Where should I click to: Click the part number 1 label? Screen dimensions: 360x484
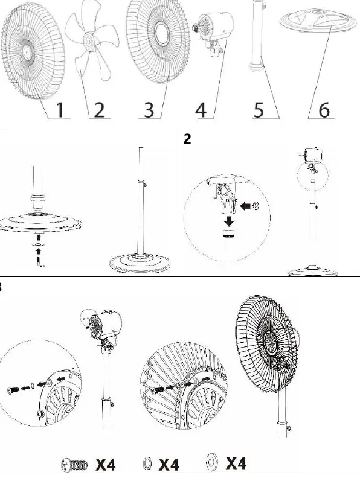click(60, 110)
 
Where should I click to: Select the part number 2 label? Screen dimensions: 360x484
click(99, 110)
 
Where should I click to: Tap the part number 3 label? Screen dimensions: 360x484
click(149, 110)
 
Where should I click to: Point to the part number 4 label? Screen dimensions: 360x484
click(201, 110)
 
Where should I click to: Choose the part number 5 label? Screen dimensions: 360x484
click(259, 110)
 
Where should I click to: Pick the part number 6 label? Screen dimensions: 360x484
click(324, 110)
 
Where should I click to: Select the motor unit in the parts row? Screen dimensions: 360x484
click(213, 33)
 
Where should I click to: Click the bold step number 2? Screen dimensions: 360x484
click(187, 139)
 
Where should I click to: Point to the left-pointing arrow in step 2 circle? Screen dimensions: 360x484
click(245, 206)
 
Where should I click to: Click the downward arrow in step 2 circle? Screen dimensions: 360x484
click(229, 221)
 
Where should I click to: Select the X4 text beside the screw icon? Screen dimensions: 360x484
click(105, 465)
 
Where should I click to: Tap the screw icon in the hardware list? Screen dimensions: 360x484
click(74, 465)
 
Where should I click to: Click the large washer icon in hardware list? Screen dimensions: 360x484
click(211, 462)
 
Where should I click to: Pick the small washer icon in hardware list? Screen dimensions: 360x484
click(148, 464)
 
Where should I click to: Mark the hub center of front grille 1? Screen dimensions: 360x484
click(27, 53)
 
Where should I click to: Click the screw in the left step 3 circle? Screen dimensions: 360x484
click(13, 389)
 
